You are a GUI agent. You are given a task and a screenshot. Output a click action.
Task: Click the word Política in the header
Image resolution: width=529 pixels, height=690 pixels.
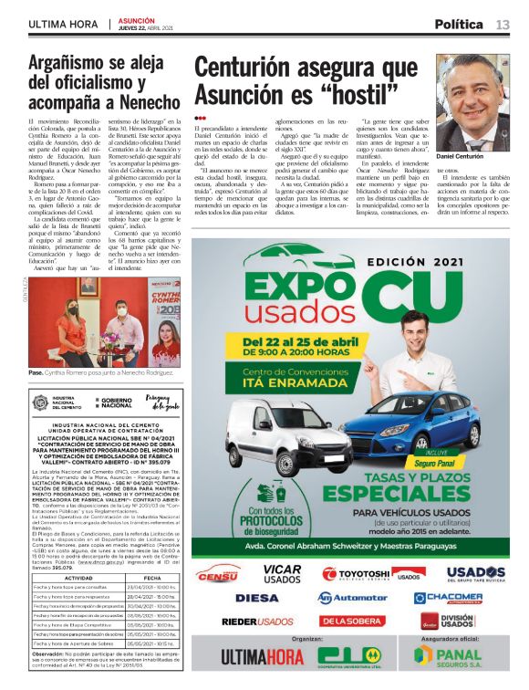pyautogui.click(x=459, y=25)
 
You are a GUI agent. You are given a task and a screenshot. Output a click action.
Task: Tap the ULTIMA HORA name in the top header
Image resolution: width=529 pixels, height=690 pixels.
pyautogui.click(x=63, y=25)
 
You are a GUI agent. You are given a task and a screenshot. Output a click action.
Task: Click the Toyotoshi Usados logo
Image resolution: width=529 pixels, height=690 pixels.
pyautogui.click(x=370, y=574)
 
